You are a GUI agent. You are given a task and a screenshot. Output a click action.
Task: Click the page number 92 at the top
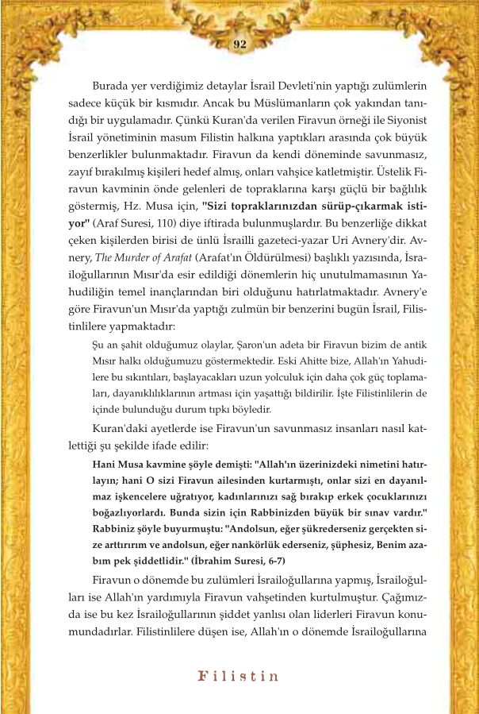(x=239, y=44)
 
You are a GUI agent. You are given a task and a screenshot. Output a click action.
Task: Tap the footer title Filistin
(x=239, y=677)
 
